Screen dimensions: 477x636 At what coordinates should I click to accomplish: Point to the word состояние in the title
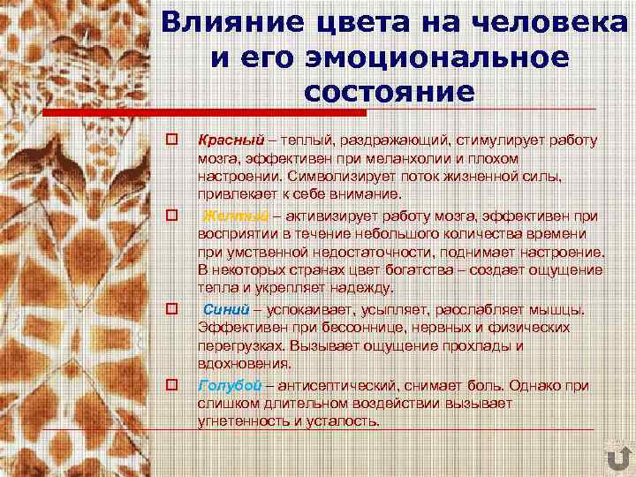[389, 92]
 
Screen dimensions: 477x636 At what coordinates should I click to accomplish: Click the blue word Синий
[227, 310]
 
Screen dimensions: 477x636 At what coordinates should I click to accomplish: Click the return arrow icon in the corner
[618, 459]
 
